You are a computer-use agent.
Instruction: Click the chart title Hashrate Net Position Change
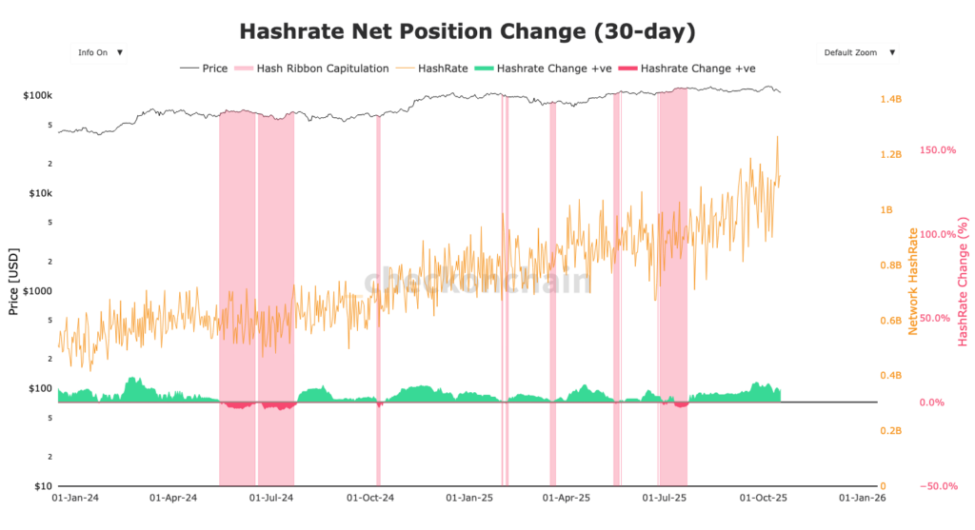467,31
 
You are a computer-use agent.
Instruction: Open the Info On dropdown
98,52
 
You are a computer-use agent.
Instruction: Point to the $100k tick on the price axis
37,96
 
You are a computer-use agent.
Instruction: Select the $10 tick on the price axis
43,486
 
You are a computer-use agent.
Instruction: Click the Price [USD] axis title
13,281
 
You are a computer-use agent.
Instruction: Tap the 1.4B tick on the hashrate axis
889,99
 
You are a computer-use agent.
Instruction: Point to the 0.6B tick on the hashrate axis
889,321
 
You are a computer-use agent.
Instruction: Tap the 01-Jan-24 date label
76,498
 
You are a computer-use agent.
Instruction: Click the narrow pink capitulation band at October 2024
378,285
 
